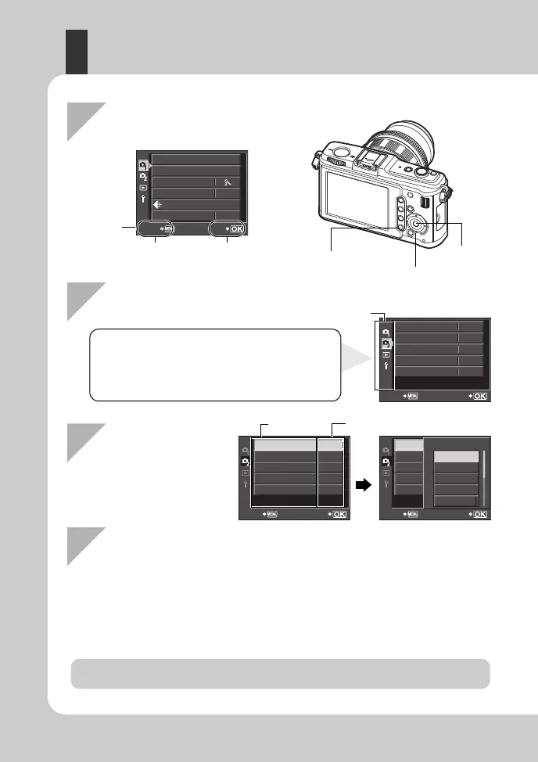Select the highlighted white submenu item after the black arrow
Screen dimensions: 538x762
point(456,456)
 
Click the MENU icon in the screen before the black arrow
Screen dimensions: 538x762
point(272,514)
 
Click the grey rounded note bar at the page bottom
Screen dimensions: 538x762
point(280,674)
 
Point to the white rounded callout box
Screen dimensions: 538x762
point(215,365)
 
